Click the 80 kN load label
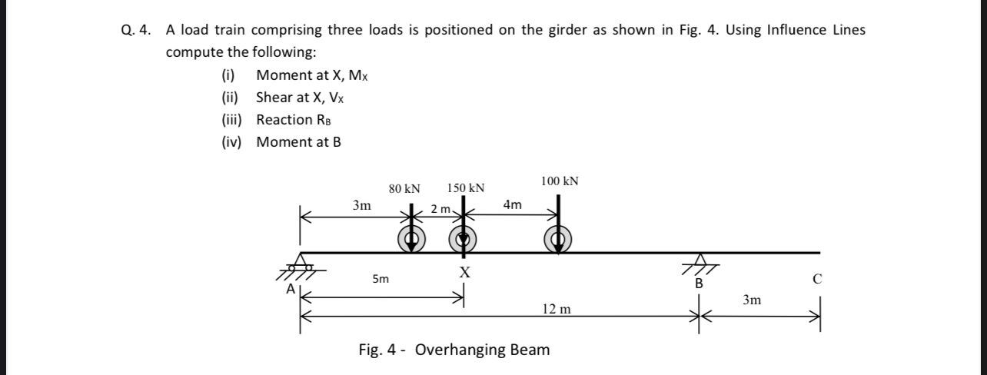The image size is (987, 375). [404, 188]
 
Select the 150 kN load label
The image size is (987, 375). [465, 188]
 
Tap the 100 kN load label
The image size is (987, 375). [560, 181]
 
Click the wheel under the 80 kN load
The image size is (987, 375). [412, 239]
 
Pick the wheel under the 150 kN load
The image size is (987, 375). [463, 239]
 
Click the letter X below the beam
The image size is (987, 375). [464, 272]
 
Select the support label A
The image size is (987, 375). [290, 289]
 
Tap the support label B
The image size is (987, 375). [699, 283]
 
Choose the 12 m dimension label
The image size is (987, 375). [557, 309]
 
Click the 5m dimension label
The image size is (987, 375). [381, 280]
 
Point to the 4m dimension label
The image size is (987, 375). [512, 205]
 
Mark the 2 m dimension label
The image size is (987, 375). [441, 209]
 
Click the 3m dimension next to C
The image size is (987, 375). [752, 300]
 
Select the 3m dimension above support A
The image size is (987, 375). [361, 205]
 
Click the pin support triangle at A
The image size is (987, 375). [301, 261]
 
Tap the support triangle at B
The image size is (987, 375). [700, 261]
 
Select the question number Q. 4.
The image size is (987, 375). [135, 31]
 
